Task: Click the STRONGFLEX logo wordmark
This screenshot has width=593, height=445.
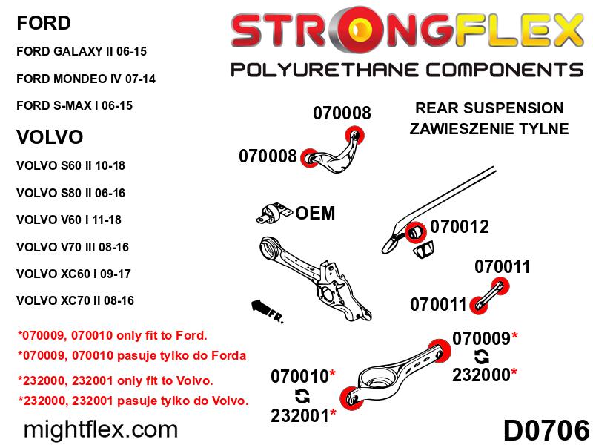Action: pyautogui.click(x=406, y=32)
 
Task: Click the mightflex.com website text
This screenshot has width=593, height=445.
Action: pyautogui.click(x=101, y=429)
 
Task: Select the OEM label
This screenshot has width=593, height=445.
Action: pyautogui.click(x=315, y=214)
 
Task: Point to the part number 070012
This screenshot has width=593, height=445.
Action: pyautogui.click(x=460, y=227)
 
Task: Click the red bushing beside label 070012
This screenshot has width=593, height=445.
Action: pyautogui.click(x=417, y=233)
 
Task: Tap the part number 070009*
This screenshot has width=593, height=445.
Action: pyautogui.click(x=485, y=338)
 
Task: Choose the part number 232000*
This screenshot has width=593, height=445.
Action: pyautogui.click(x=485, y=375)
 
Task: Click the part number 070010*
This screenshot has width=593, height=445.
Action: pyautogui.click(x=304, y=376)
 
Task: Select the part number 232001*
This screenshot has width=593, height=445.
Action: pyautogui.click(x=304, y=414)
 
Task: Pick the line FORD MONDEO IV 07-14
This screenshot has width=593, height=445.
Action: pyautogui.click(x=85, y=79)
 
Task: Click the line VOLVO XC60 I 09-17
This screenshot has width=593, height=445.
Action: pyautogui.click(x=73, y=274)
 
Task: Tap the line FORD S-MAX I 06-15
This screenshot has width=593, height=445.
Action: pyautogui.click(x=74, y=105)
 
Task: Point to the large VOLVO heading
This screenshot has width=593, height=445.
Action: pyautogui.click(x=49, y=137)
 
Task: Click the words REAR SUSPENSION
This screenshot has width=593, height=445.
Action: pyautogui.click(x=489, y=108)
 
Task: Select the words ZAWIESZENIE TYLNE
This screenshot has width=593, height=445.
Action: pyautogui.click(x=489, y=129)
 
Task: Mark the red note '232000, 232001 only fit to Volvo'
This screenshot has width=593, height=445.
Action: pyautogui.click(x=116, y=381)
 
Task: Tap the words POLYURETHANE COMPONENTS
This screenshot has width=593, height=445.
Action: pyautogui.click(x=406, y=70)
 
